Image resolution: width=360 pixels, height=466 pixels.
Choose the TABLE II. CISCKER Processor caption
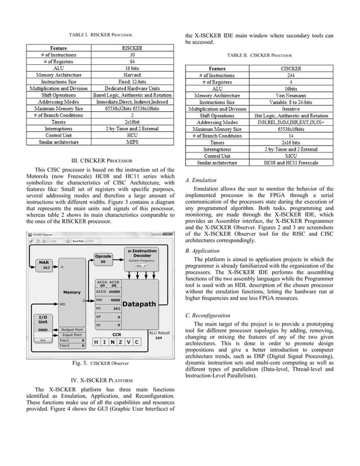[260, 56]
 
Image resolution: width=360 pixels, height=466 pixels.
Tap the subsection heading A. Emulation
[200, 181]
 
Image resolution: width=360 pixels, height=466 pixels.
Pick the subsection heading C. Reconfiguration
[208, 315]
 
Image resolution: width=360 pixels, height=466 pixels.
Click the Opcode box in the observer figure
[103, 259]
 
